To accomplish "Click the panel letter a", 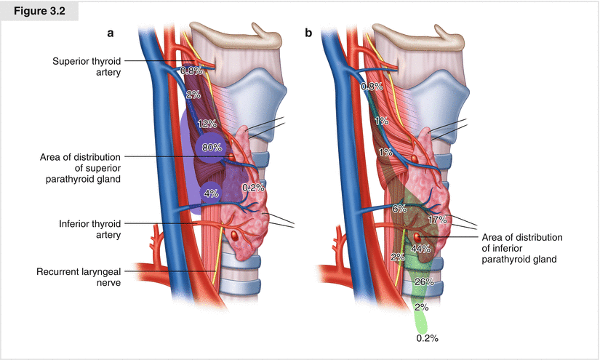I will (111, 33).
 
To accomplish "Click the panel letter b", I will (310, 33).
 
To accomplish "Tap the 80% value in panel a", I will (212, 148).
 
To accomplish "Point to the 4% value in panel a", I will (211, 193).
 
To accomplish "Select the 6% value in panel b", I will (399, 208).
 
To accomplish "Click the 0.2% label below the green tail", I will (427, 338).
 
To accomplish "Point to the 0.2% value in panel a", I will (253, 187).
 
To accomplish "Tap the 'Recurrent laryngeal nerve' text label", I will (79, 278).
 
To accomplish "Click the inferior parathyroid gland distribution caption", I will (524, 248).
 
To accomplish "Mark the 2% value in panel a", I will (193, 95).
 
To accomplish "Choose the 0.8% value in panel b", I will (372, 87).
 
